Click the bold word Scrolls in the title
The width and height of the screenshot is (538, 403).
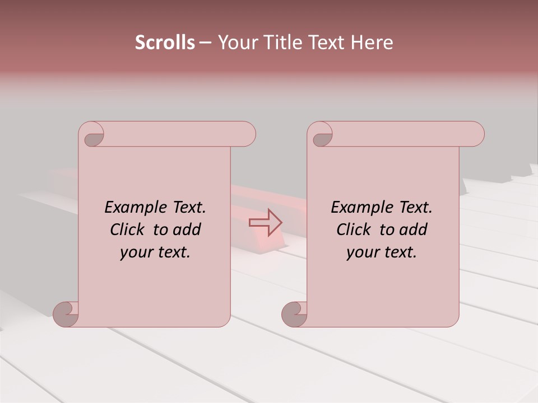[165, 43]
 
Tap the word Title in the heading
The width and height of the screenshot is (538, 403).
[281, 43]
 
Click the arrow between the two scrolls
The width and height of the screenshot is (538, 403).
[265, 222]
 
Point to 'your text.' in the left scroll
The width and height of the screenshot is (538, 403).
[155, 252]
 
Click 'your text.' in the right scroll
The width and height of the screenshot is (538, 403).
[382, 252]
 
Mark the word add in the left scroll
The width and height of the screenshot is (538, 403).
[187, 229]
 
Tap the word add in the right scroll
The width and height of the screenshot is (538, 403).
[413, 229]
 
